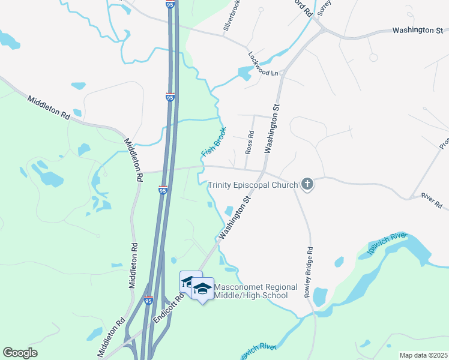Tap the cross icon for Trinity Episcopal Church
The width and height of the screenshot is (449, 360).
(307, 184)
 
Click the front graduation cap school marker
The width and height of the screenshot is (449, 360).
(202, 289)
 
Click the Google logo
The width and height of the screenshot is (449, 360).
(20, 353)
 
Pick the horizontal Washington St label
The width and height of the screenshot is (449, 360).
(417, 29)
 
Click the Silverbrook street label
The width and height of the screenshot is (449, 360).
(232, 17)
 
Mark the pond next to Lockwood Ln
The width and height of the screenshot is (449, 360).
(244, 74)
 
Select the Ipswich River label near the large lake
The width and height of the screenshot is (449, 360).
(382, 245)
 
